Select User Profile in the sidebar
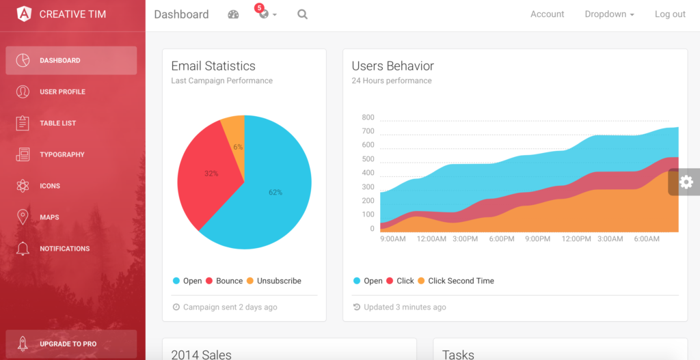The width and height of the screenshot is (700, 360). point(62,92)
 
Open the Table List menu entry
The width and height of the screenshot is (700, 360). point(57,124)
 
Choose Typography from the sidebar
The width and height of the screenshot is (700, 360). point(62,155)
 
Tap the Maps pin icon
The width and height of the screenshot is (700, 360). point(23,217)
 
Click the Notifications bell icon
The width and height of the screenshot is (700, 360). point(23,249)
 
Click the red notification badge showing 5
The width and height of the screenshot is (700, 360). point(259,8)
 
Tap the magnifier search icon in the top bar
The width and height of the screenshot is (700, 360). point(302,14)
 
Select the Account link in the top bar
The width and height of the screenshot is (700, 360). point(547,14)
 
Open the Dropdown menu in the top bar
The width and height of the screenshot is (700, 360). point(609,14)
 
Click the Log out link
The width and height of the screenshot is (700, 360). point(670,14)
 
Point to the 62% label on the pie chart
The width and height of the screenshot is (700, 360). point(275,193)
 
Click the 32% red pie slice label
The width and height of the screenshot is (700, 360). point(211,174)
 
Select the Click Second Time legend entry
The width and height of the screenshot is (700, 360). point(460,281)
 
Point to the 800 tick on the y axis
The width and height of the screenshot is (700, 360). point(368,117)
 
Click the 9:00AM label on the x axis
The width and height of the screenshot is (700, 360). point(392,239)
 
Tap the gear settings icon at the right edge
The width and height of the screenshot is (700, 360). point(686,182)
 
